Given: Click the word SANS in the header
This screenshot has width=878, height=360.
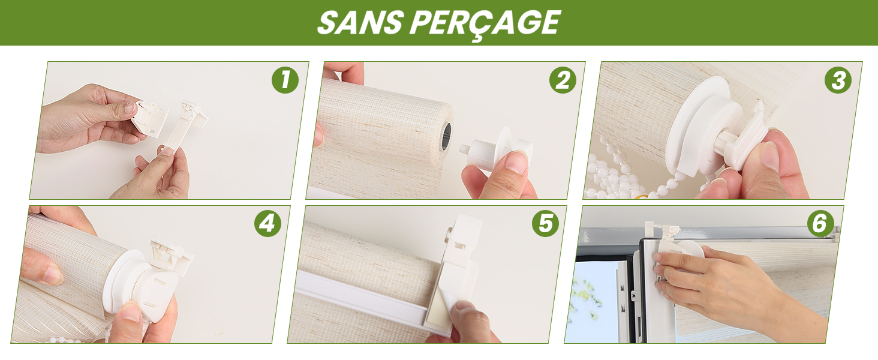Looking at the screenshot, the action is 360,22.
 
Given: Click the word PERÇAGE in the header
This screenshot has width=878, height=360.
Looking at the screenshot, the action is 485,24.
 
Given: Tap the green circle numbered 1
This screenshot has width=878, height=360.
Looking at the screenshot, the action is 285,80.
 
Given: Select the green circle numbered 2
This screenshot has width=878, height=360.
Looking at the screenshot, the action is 563,80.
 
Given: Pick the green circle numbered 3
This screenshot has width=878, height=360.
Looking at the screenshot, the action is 838,80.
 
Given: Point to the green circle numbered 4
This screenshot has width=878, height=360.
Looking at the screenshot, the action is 267,223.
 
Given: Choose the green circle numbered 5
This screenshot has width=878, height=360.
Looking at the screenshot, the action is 545,223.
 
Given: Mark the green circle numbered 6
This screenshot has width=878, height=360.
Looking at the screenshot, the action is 820,223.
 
